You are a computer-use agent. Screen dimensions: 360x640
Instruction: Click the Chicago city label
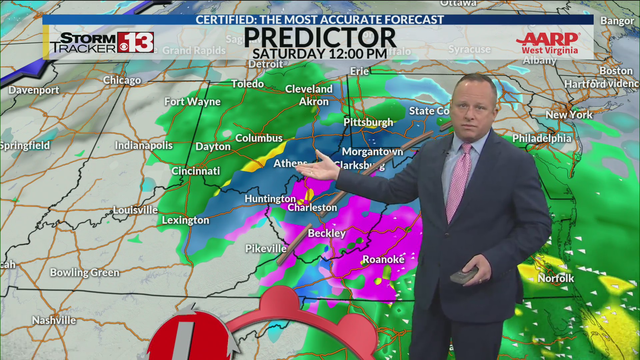[x=122, y=80]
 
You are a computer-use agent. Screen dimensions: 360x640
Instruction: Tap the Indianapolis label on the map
[x=144, y=145]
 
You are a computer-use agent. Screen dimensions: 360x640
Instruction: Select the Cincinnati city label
[x=196, y=171]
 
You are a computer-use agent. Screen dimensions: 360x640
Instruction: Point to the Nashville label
[x=54, y=320]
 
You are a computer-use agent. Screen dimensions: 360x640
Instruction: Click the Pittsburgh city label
[x=368, y=122]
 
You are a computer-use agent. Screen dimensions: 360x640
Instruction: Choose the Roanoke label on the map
[x=383, y=259]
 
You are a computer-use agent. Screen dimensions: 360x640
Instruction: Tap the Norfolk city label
[x=556, y=278]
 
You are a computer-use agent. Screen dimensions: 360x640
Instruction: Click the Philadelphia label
[x=542, y=138]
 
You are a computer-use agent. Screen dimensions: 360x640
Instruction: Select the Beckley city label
[x=327, y=233]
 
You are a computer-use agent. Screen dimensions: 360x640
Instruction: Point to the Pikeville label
[x=266, y=248]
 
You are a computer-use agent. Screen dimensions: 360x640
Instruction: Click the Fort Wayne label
[x=192, y=102]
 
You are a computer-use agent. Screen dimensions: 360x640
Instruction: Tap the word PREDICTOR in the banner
[x=320, y=38]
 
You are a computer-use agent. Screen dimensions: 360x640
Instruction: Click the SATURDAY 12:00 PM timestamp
[x=320, y=54]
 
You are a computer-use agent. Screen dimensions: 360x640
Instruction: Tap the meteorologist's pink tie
[x=459, y=180]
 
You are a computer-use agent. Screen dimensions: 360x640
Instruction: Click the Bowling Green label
[x=85, y=273]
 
